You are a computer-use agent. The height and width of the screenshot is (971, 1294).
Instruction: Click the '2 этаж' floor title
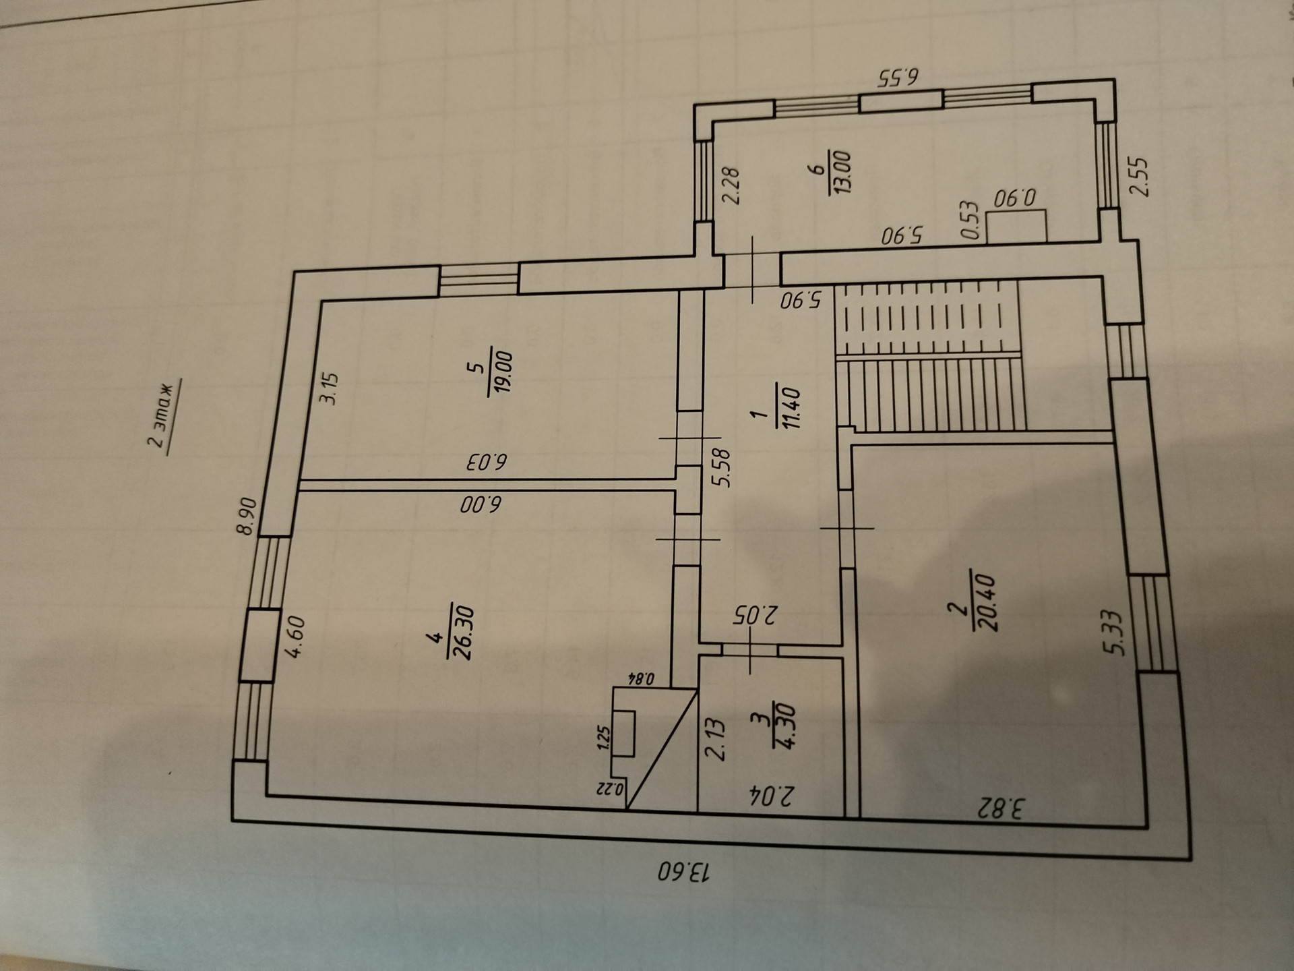tap(161, 416)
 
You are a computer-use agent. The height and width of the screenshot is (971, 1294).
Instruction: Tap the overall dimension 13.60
tap(683, 871)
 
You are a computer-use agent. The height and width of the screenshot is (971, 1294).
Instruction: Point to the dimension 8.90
tap(247, 516)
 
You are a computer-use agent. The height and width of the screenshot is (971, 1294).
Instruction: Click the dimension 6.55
tap(899, 78)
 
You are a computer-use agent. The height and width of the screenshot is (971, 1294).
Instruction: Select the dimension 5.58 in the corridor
tap(722, 468)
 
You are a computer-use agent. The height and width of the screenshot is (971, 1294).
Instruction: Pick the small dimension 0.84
tap(640, 678)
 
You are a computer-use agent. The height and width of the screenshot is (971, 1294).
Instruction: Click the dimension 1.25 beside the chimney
tap(603, 738)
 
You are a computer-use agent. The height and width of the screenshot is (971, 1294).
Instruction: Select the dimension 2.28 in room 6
tap(731, 185)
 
